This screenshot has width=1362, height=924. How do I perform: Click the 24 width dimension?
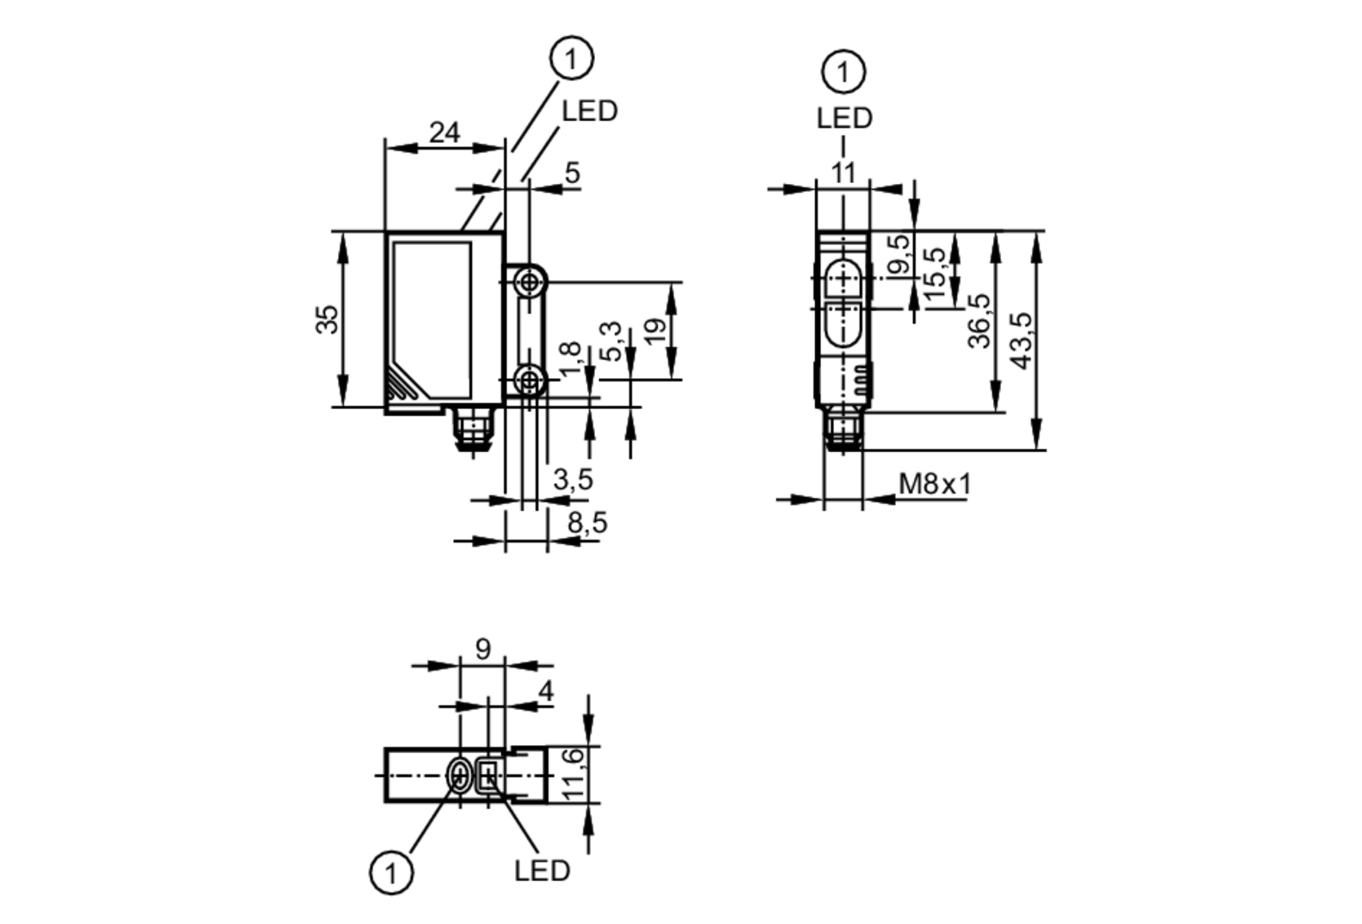point(444,132)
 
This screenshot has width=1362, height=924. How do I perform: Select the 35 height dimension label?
point(327,319)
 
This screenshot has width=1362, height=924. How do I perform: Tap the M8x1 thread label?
point(934,484)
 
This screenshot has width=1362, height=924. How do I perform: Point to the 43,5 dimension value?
point(1022,340)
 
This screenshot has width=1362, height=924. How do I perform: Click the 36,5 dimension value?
point(979,321)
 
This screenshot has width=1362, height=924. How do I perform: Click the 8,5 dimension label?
point(587,523)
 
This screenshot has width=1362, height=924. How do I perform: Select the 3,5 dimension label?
point(573,479)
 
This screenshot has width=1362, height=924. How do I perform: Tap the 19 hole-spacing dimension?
point(654,332)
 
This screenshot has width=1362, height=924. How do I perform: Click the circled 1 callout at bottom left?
point(392,872)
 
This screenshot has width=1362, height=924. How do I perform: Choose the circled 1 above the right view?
point(844,71)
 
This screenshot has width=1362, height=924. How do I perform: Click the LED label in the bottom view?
point(542,871)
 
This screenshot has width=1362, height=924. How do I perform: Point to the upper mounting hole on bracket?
point(528,281)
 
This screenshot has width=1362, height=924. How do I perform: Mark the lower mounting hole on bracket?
point(528,380)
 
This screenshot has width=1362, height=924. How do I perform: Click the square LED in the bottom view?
point(488,775)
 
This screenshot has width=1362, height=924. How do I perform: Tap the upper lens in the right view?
point(843,278)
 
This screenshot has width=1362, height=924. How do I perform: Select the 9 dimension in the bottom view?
point(483,649)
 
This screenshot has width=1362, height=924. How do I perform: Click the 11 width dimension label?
point(843,173)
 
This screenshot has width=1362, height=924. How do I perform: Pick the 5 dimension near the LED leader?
point(573,173)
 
